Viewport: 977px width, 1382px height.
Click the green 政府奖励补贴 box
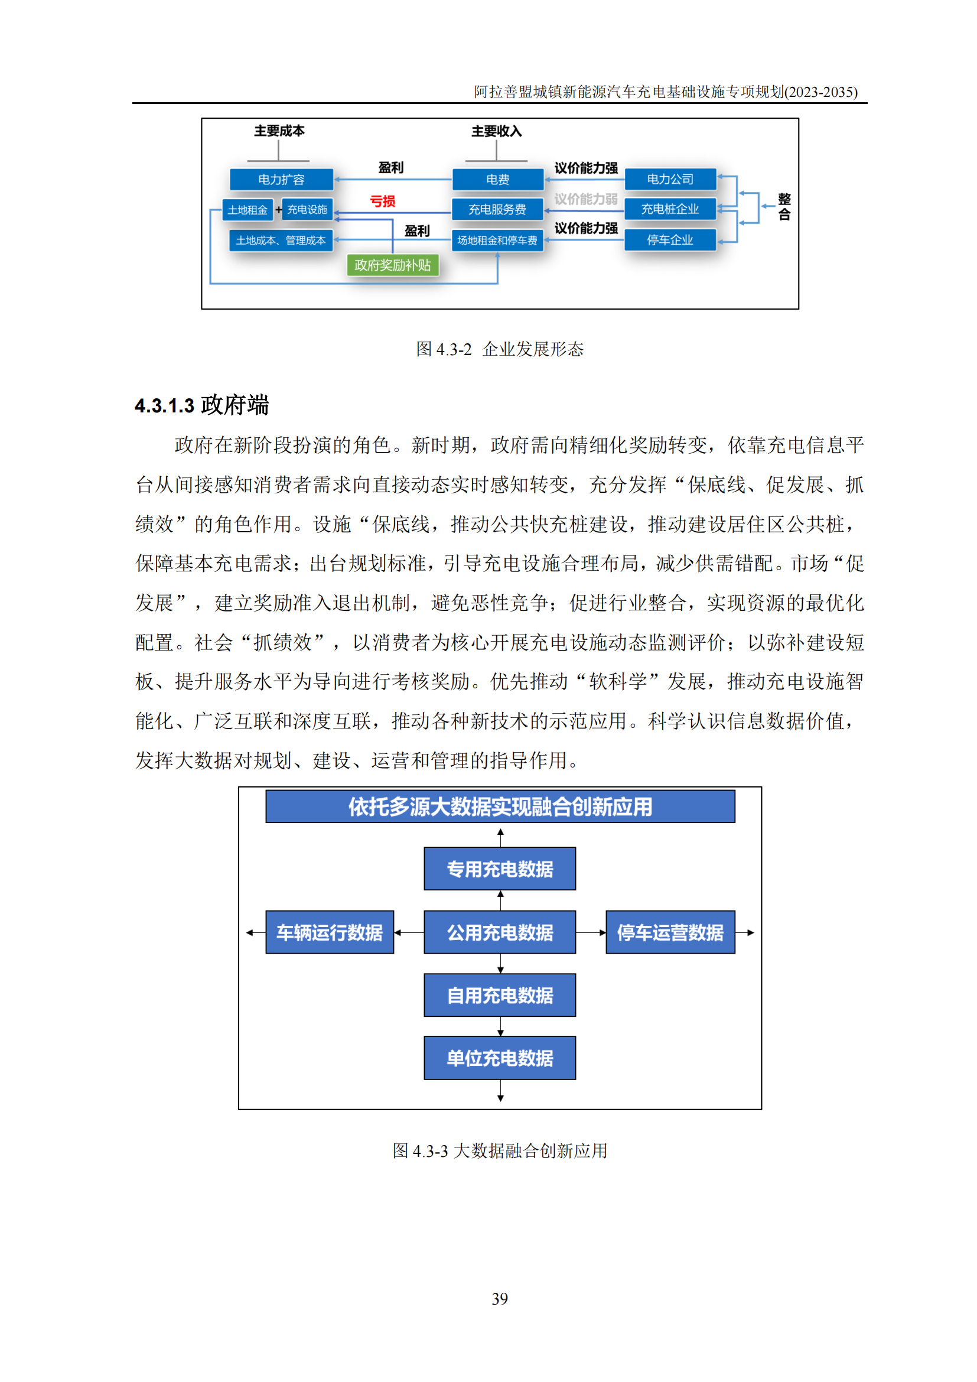(393, 265)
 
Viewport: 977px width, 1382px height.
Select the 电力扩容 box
(281, 180)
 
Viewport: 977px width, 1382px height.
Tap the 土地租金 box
(247, 210)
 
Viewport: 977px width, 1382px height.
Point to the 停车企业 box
(670, 239)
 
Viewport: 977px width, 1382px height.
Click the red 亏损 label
(383, 201)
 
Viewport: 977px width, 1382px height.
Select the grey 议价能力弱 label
(585, 199)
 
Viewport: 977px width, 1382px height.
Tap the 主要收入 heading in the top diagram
(496, 131)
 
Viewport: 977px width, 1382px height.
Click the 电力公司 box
(670, 179)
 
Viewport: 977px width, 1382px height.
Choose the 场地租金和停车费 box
(497, 240)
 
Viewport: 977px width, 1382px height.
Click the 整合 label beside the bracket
(784, 206)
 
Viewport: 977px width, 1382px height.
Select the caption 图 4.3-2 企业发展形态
(500, 349)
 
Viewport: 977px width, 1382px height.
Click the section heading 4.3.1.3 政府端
(201, 405)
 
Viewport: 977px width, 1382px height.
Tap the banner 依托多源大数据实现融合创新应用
(500, 806)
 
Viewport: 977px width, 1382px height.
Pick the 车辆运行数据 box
(330, 932)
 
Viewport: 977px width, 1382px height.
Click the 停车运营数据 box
(670, 932)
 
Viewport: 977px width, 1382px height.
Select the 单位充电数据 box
(500, 1058)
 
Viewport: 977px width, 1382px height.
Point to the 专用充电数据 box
(500, 868)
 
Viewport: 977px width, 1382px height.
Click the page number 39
(500, 1298)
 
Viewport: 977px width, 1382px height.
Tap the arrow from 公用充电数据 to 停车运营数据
(591, 932)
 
